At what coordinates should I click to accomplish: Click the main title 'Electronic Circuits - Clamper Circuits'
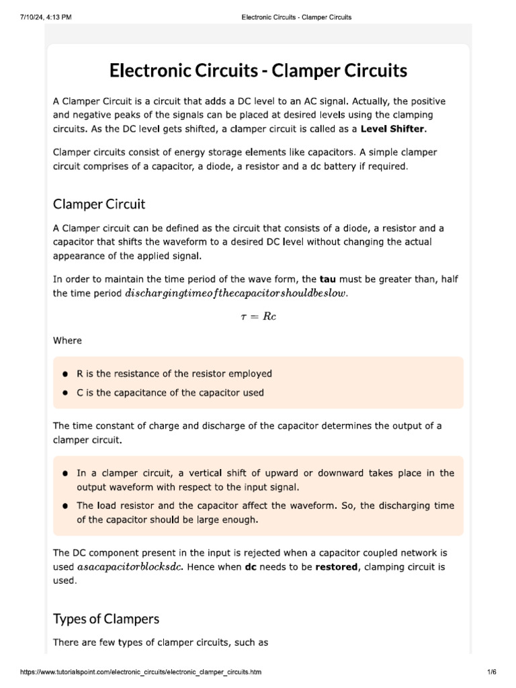coord(258,70)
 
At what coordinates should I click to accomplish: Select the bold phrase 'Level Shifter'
coord(392,129)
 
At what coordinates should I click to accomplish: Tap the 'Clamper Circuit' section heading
coord(99,204)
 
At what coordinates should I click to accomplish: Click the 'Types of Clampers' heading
coord(105,618)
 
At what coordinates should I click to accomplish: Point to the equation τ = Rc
coord(258,316)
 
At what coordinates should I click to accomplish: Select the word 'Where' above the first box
coord(67,341)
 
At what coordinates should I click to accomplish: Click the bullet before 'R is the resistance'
coord(65,374)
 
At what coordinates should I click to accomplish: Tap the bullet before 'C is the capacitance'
coord(65,393)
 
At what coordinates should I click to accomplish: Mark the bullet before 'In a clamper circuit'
coord(65,474)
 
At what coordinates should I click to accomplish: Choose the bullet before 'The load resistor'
coord(65,506)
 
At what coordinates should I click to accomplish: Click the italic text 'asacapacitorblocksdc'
coord(130,567)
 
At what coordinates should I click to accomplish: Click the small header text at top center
coord(296,17)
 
